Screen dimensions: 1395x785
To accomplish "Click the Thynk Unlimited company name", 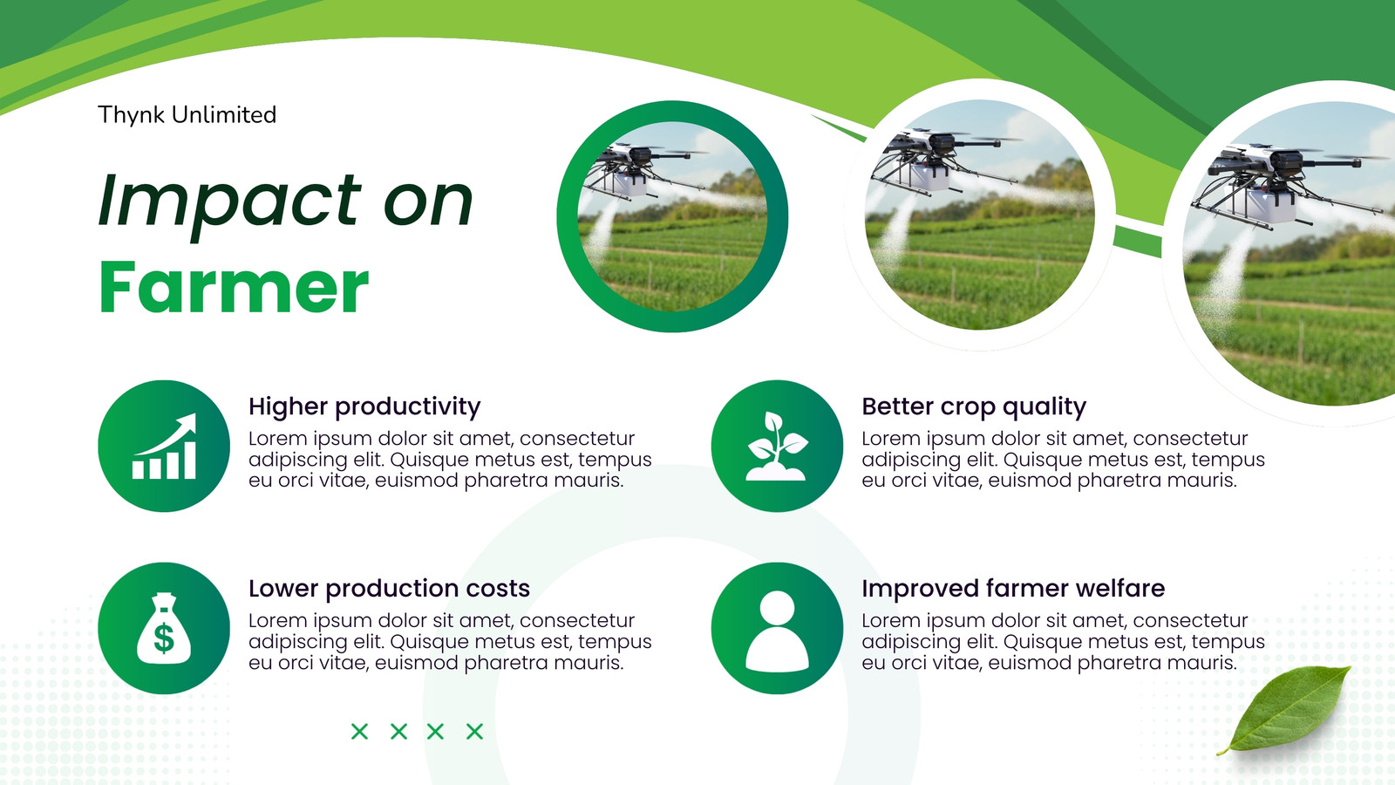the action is [187, 115].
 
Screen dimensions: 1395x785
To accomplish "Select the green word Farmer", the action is [235, 287].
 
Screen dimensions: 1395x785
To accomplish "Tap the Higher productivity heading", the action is [364, 406].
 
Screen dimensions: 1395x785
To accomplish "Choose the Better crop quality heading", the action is [974, 406].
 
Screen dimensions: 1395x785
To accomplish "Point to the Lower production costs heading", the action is [389, 588].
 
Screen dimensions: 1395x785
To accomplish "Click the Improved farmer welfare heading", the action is [1013, 588].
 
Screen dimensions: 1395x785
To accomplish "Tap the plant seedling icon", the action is [777, 446].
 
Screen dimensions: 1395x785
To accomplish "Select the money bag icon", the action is [164, 628].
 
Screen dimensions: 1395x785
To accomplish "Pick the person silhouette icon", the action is [777, 631].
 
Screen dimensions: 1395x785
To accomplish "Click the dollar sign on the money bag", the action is [164, 638].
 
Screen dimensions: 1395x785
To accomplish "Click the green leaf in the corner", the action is [1286, 709].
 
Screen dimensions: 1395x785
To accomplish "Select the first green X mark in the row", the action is [360, 732].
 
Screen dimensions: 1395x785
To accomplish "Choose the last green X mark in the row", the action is [474, 732].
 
